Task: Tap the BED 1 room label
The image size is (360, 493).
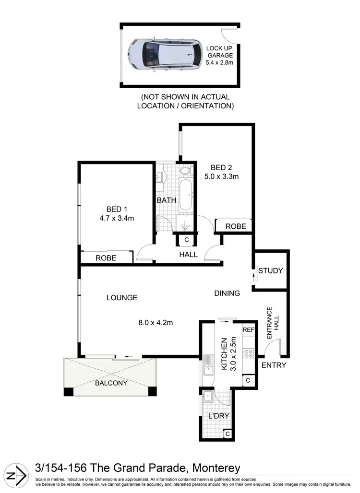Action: point(116,209)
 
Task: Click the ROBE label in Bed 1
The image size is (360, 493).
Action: point(106,258)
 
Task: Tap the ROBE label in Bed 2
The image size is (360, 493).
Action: point(236,226)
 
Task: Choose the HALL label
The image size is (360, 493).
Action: point(188,255)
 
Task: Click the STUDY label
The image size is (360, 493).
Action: point(271,271)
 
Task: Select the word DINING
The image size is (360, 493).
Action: point(227,293)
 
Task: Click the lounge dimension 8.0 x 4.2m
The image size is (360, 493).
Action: point(155,322)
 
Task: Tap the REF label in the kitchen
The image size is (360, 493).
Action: point(248,330)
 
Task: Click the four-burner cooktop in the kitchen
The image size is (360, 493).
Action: point(249,353)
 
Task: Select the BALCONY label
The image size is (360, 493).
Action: point(111,383)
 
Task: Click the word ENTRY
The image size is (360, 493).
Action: point(274,365)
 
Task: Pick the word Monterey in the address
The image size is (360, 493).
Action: point(216,468)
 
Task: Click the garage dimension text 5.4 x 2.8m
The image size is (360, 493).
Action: point(219,62)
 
